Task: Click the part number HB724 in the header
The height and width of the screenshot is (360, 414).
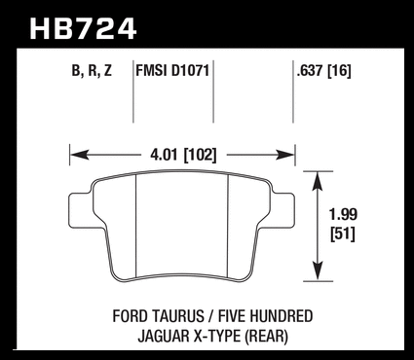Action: point(83,29)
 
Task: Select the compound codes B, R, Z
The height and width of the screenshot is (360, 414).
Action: point(92,70)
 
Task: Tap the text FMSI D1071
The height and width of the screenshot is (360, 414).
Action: point(172,70)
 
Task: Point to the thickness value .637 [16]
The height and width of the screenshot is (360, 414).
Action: point(323,71)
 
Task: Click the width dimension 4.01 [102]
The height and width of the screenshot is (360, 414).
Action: point(183,155)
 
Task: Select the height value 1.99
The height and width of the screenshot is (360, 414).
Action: point(343,214)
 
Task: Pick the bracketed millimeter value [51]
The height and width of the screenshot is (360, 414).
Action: point(343,234)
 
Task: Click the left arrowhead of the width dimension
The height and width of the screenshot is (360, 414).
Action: point(79,155)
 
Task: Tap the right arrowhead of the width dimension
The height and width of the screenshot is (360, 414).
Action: point(284,155)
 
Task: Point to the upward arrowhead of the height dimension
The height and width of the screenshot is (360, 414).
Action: point(318,181)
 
